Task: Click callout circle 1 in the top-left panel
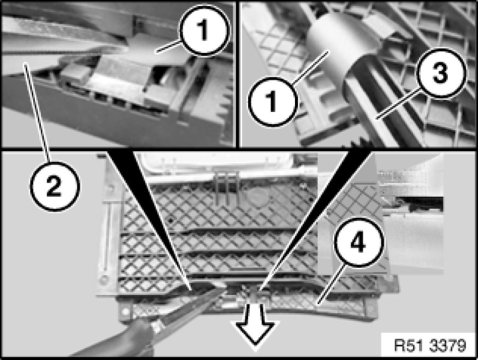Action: coord(204,31)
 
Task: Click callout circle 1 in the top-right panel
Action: coord(272,101)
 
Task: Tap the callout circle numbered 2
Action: coord(55,186)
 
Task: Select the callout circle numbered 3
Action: coord(441,73)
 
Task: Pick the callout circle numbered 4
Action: coord(359,242)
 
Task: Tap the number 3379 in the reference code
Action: coord(448,345)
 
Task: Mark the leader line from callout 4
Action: coord(332,284)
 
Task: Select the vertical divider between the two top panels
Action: coord(238,75)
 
